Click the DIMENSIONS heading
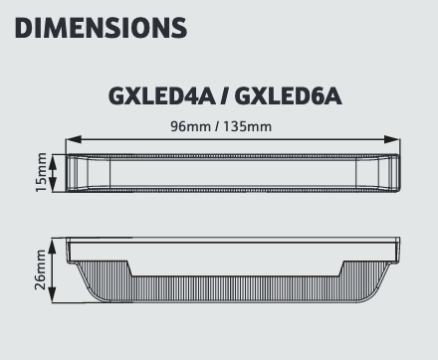pyautogui.click(x=101, y=28)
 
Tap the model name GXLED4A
pyautogui.click(x=161, y=96)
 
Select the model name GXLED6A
pyautogui.click(x=288, y=96)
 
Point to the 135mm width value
pyautogui.click(x=247, y=126)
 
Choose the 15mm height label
pyautogui.click(x=41, y=172)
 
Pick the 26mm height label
pyautogui.click(x=41, y=270)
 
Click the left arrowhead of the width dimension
pyautogui.click(x=74, y=139)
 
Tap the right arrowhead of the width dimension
pyautogui.click(x=392, y=139)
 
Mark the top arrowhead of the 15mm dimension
pyautogui.click(x=53, y=161)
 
